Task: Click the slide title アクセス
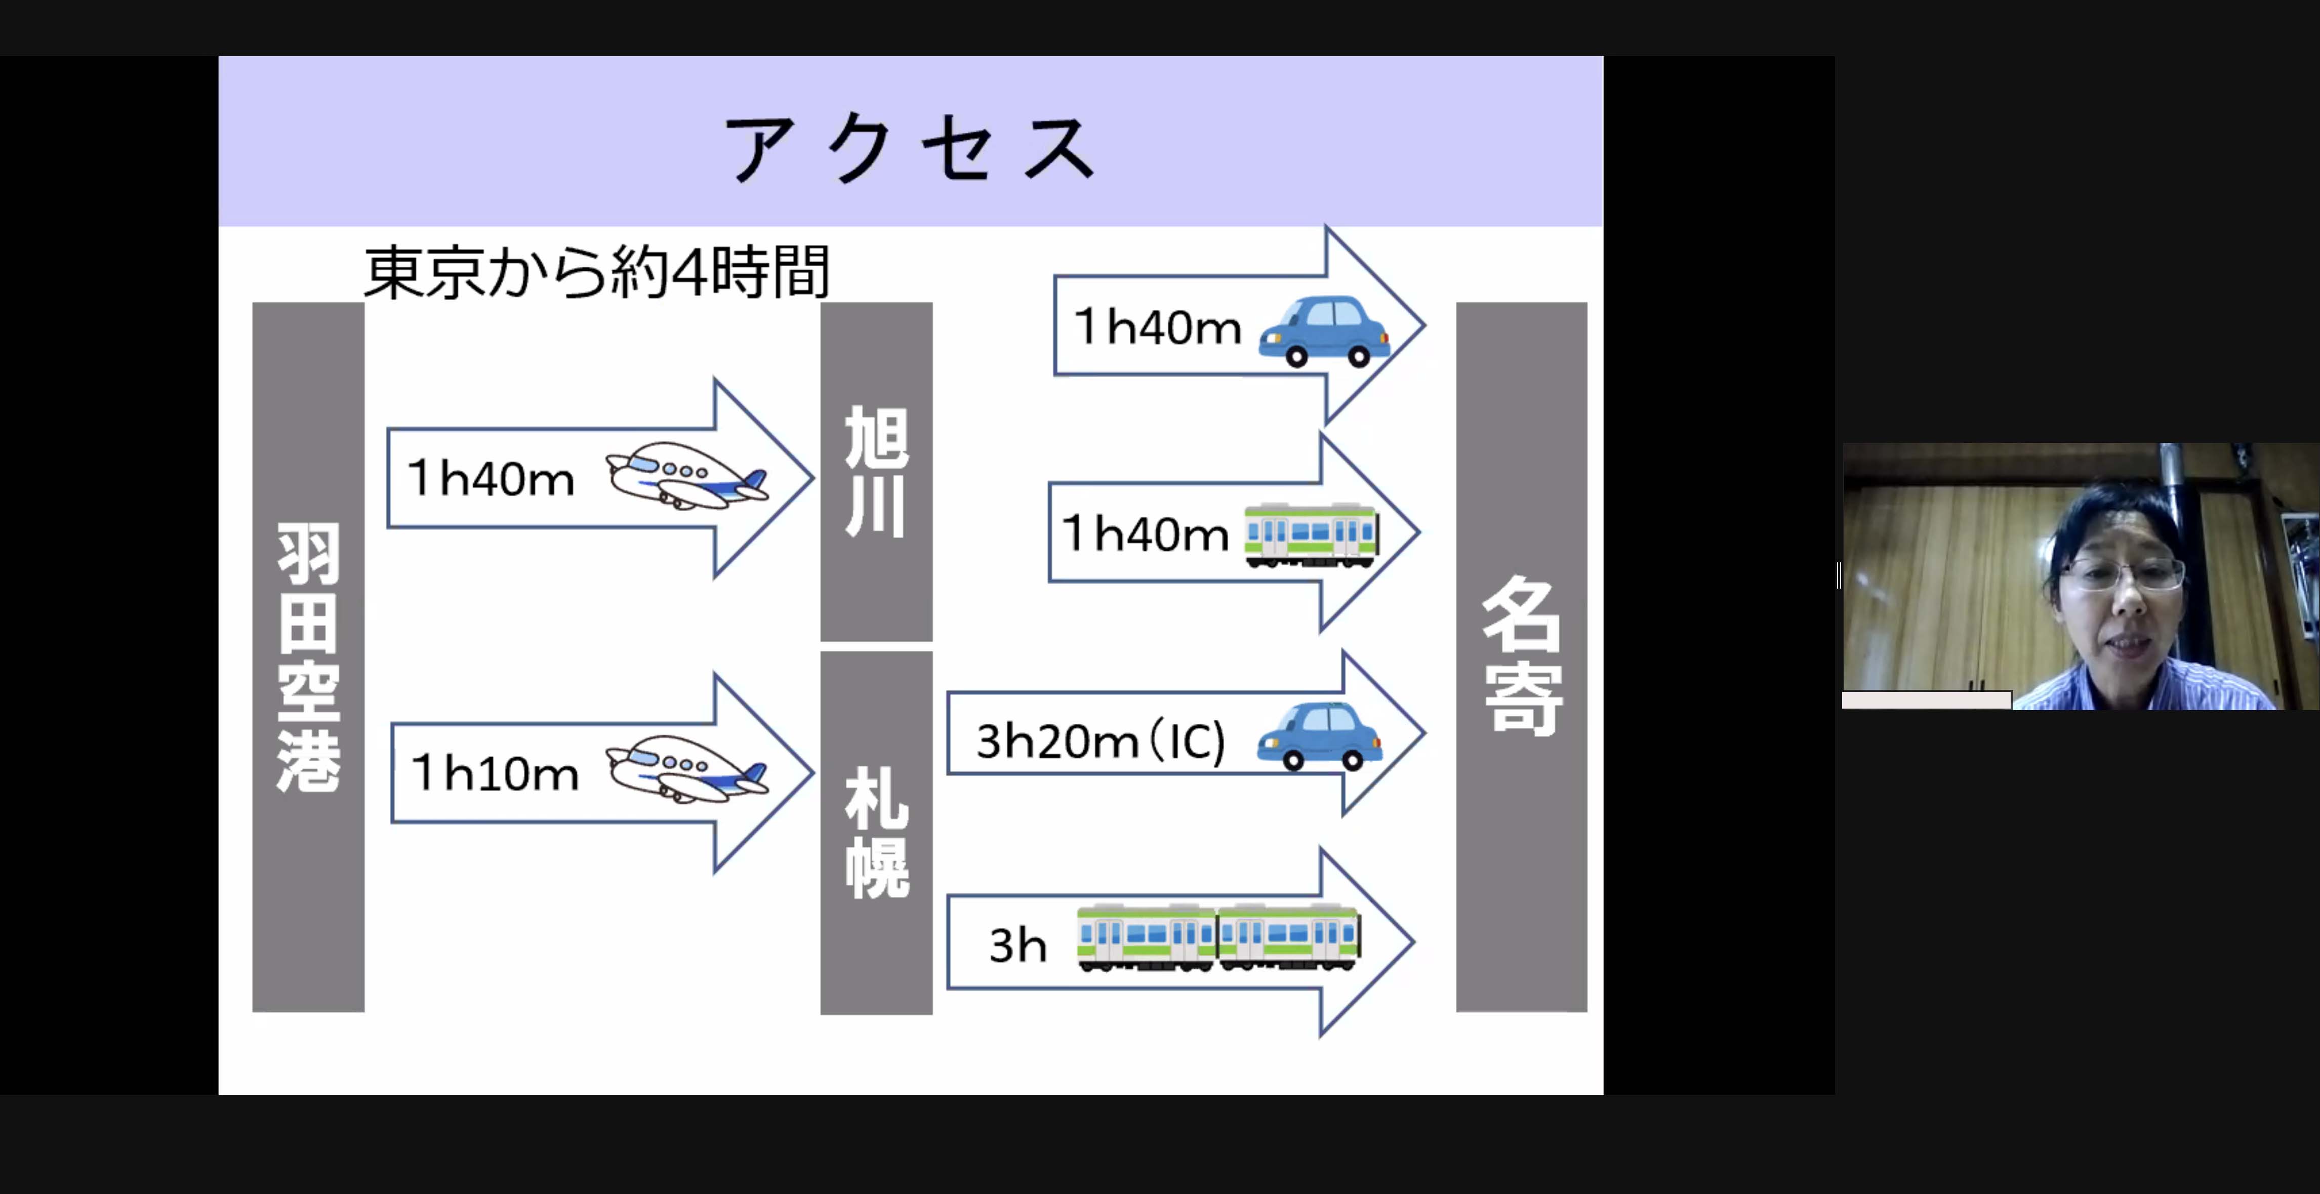(910, 149)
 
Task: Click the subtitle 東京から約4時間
(596, 272)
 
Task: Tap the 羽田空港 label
(308, 657)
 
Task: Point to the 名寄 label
(1521, 655)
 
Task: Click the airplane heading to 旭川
(687, 475)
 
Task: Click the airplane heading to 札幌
(687, 768)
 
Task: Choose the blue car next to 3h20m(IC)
(1319, 735)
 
